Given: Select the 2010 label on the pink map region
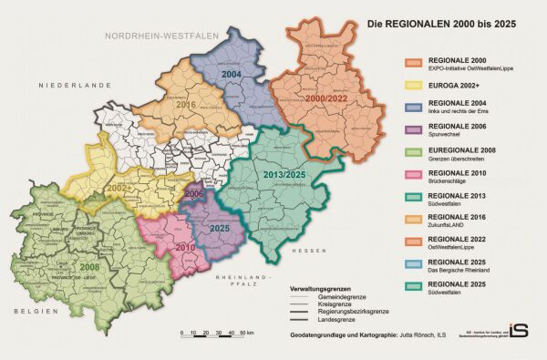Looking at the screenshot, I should click(185, 247).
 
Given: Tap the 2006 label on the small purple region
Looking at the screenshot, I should click(194, 194).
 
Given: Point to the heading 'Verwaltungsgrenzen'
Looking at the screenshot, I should click(319, 288).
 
